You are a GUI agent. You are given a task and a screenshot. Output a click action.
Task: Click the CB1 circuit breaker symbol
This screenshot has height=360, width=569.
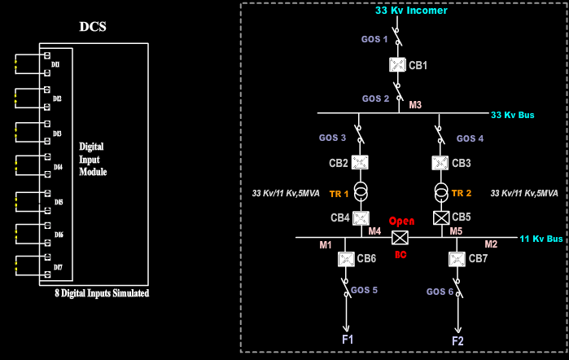point(398,65)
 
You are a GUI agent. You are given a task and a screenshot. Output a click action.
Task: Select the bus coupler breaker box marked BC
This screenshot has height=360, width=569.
point(400,238)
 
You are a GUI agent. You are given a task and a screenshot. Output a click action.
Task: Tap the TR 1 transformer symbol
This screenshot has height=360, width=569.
point(361,192)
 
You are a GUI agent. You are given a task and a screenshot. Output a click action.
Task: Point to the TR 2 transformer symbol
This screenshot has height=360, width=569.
point(440,192)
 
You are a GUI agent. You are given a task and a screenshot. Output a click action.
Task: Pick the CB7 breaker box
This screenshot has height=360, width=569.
point(457,259)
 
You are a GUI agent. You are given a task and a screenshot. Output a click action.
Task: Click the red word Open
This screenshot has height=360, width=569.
point(401,222)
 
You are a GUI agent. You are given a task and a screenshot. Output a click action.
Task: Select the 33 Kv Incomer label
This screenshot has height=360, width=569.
point(411,11)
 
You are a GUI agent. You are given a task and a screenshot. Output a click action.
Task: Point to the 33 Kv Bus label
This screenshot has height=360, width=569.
point(513,116)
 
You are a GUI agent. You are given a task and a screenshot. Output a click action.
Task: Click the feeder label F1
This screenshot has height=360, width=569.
point(348,339)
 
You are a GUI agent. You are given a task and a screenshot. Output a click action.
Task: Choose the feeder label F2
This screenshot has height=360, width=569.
point(457,340)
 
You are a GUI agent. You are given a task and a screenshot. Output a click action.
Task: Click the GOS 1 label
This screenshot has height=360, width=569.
point(374,39)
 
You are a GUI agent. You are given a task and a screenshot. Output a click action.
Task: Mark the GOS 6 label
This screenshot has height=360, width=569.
point(440,292)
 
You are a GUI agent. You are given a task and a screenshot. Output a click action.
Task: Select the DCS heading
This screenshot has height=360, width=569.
point(93,27)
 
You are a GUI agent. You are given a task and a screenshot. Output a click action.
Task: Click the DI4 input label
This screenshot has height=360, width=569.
point(58,167)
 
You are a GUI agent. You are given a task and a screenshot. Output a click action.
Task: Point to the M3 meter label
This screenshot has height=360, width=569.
point(415,105)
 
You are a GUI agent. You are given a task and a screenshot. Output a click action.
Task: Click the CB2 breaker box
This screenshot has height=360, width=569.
point(361,163)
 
